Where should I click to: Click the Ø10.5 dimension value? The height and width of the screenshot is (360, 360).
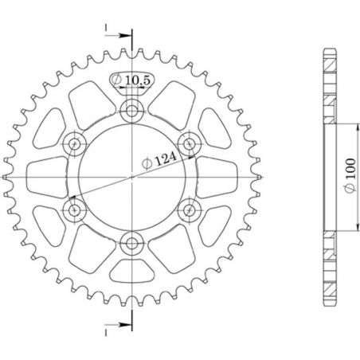pyautogui.click(x=131, y=80)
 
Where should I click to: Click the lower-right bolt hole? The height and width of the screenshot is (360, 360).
pyautogui.click(x=189, y=209)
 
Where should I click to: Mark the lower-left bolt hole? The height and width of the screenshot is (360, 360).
pyautogui.click(x=74, y=209)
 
